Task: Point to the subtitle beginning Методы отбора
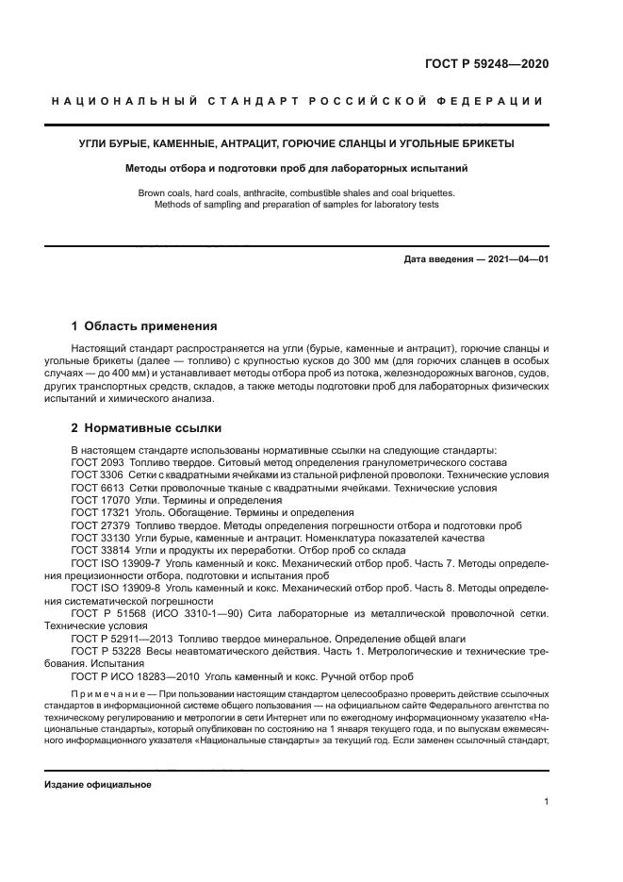pyautogui.click(x=297, y=169)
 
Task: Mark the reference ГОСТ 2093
pyautogui.click(x=101, y=463)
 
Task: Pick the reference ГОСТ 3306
pyautogui.click(x=101, y=475)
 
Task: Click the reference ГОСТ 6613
pyautogui.click(x=101, y=489)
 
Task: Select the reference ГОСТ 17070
pyautogui.click(x=104, y=501)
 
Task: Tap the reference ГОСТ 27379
pyautogui.click(x=104, y=525)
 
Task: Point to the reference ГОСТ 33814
pyautogui.click(x=104, y=550)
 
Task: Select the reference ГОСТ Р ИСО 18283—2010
pyautogui.click(x=141, y=676)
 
